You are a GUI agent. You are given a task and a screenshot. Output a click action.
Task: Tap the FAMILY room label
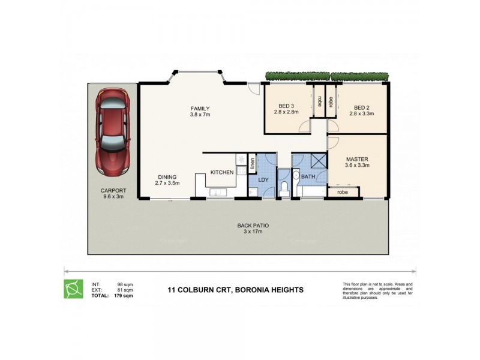click(200, 109)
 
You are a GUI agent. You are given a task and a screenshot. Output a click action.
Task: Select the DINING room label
click(167, 176)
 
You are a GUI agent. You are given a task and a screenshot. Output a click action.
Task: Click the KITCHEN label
click(221, 172)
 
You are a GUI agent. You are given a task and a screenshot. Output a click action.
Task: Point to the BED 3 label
click(286, 106)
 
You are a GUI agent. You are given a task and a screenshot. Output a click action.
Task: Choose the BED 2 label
click(364, 106)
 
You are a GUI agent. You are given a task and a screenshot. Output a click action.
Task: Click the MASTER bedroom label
click(358, 159)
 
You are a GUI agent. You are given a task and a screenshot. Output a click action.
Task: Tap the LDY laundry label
click(263, 179)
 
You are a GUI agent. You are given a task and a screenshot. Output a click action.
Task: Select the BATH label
click(308, 176)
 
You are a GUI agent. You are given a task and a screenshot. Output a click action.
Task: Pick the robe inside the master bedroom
click(343, 193)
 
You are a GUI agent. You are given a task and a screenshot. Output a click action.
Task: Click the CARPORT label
click(113, 191)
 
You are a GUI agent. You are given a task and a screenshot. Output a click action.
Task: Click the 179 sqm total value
click(124, 296)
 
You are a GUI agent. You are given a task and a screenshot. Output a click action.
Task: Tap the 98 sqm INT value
click(125, 284)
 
